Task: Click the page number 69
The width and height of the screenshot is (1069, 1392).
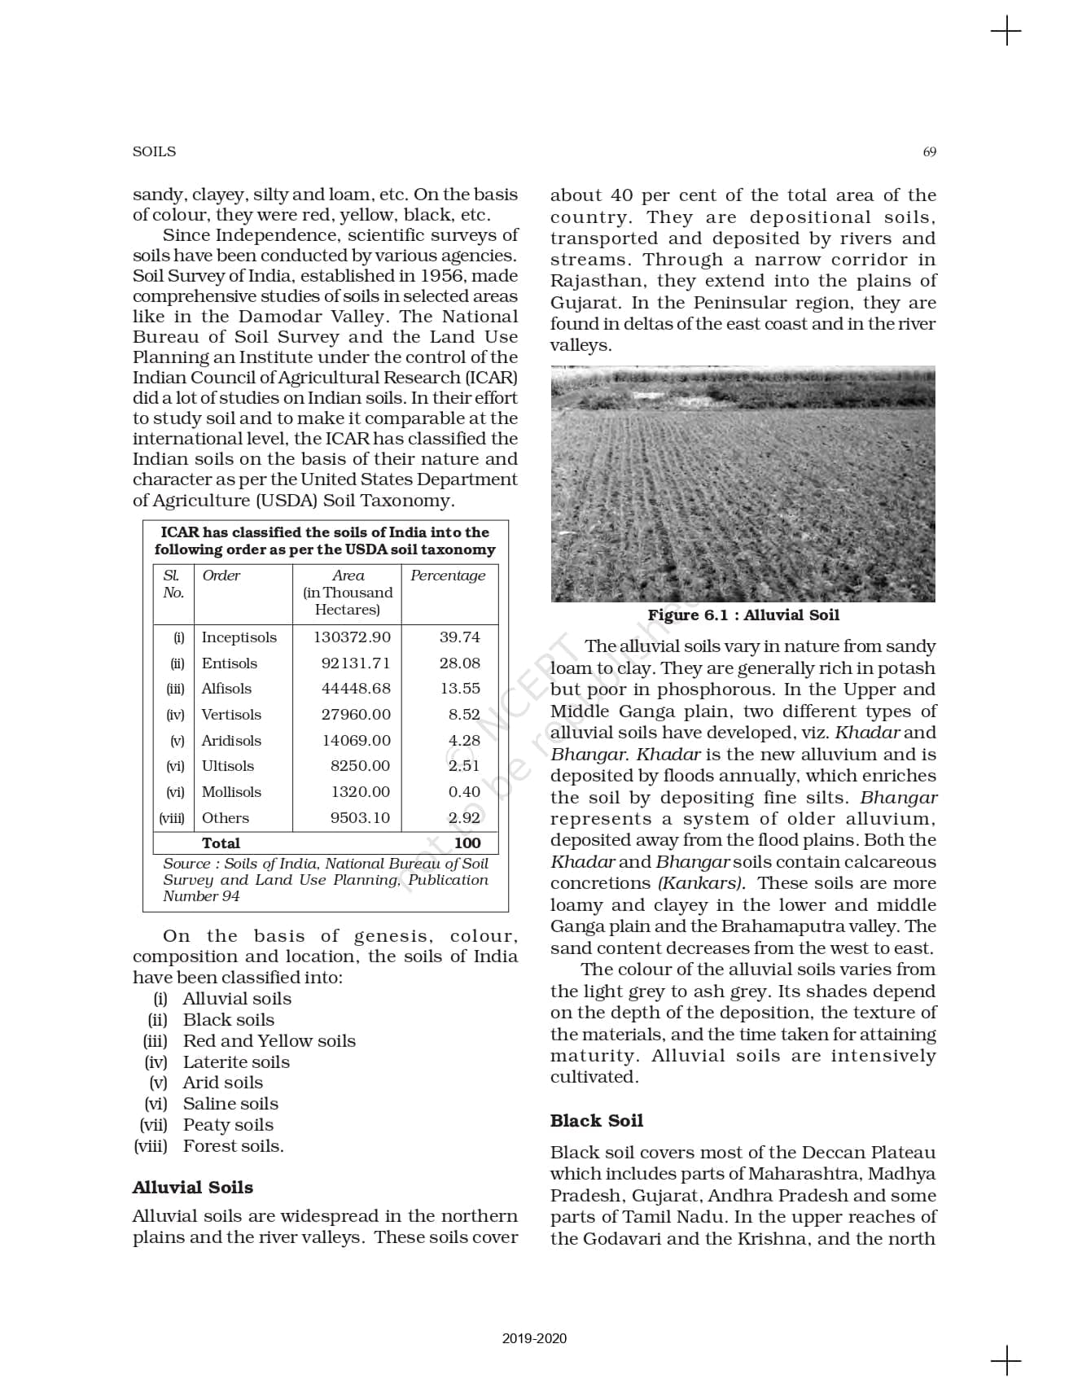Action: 929,151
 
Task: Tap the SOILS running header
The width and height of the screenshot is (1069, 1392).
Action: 154,151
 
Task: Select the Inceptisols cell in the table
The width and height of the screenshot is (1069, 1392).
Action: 239,637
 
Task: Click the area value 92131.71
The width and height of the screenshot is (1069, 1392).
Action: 356,663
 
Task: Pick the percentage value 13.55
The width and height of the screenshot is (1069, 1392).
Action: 460,689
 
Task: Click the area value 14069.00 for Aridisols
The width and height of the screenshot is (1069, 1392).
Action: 356,741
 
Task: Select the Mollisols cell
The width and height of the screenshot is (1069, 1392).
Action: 231,792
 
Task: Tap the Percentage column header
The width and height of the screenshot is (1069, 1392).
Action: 448,576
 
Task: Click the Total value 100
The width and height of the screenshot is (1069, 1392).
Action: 467,843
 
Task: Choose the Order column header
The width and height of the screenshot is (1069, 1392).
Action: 221,576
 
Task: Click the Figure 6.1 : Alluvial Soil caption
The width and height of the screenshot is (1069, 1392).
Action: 743,615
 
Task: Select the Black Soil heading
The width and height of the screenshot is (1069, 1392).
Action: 596,1121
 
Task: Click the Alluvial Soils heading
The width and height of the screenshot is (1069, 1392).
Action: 193,1188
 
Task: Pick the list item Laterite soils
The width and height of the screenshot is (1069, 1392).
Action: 236,1062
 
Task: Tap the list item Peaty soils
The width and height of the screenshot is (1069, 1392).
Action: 228,1125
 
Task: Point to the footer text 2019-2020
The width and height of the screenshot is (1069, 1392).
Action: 534,1338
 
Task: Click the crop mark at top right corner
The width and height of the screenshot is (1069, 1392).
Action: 1006,32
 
